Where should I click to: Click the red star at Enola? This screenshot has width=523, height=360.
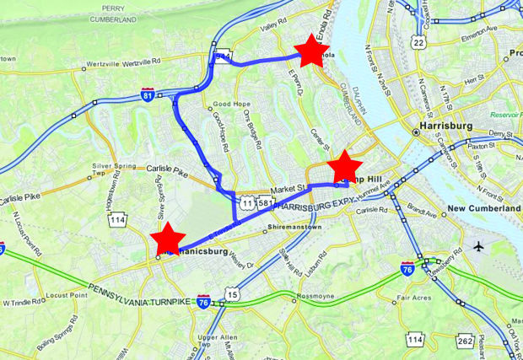click(x=310, y=52)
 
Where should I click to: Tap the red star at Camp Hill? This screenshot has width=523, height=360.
click(x=344, y=168)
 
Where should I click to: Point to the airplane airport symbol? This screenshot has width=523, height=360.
click(x=480, y=247)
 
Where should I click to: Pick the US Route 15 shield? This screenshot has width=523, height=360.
click(x=232, y=293)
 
